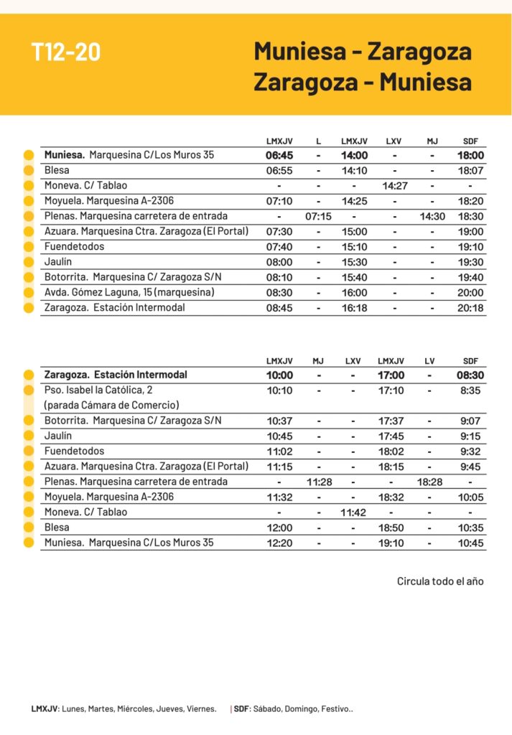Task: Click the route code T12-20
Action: (66, 52)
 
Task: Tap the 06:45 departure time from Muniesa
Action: (279, 155)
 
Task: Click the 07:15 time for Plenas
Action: (318, 216)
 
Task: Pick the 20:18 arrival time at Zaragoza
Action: (471, 308)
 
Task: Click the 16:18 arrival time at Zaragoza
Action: (354, 308)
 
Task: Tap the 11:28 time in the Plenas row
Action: (318, 482)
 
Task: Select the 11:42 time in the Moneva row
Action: (353, 512)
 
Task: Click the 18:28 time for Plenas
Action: (429, 482)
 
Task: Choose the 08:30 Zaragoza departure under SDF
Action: (470, 375)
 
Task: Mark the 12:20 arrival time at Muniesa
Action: (279, 543)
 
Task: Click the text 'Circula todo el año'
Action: (440, 581)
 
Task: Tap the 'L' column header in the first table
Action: (318, 141)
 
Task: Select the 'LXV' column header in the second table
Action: (353, 361)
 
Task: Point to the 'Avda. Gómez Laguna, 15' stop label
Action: (129, 292)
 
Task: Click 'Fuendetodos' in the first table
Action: (74, 246)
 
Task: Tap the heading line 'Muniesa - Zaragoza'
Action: (363, 52)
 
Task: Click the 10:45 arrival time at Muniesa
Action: (470, 543)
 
